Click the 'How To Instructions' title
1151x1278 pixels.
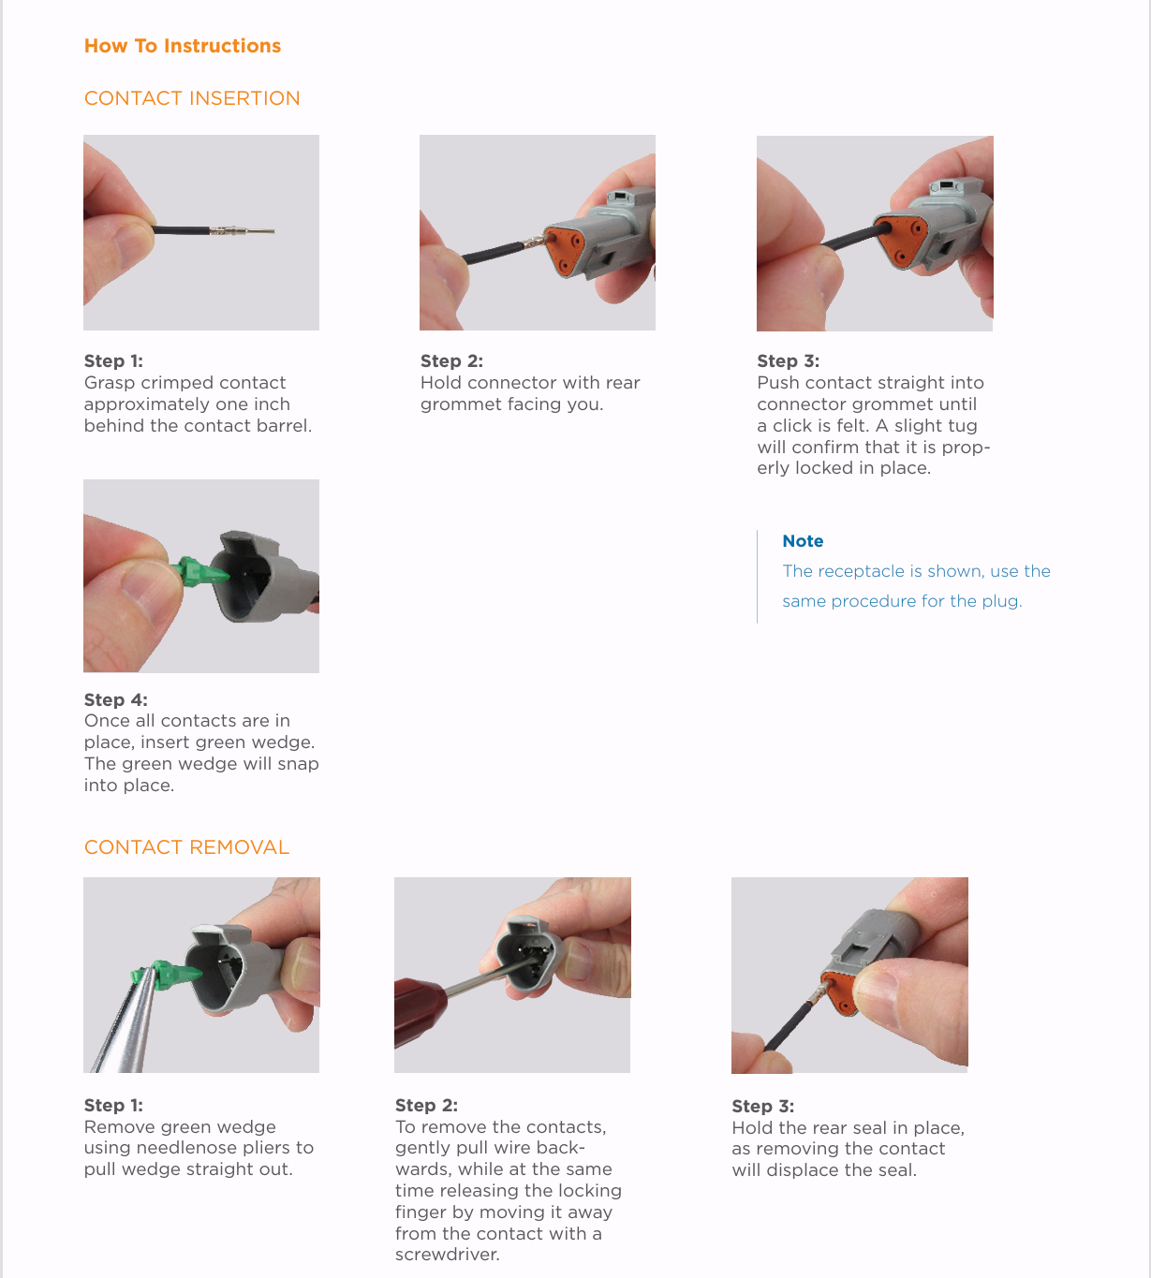tap(183, 46)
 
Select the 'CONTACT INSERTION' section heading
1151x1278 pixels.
tap(192, 98)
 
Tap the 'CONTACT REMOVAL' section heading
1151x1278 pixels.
tap(186, 846)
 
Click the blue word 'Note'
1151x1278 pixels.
tap(803, 541)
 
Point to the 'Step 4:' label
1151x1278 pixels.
tap(116, 699)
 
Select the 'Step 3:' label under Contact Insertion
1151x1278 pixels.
tap(789, 361)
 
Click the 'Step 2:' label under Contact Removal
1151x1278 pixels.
tap(426, 1106)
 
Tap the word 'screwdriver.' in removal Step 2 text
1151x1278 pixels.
tap(448, 1255)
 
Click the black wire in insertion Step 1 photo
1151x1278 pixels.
tap(181, 230)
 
